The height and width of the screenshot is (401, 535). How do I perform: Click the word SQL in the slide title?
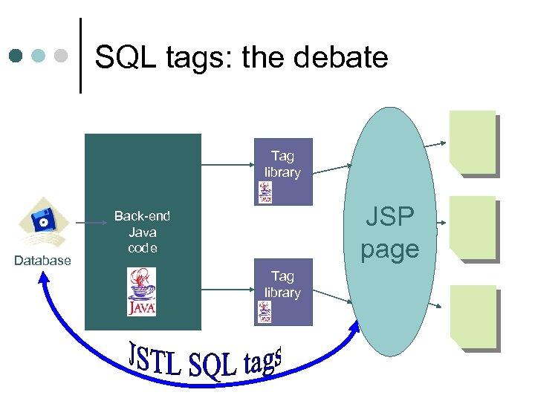[122, 57]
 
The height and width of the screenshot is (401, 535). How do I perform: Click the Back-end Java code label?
[142, 232]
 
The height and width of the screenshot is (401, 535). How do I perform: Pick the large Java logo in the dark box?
[141, 292]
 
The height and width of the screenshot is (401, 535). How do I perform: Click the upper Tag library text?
[282, 164]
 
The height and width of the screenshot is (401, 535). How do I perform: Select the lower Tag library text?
[282, 284]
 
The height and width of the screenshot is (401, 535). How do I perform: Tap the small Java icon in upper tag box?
[265, 192]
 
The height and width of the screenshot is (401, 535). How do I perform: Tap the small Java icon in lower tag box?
[265, 312]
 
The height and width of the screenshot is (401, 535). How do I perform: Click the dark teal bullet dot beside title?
[16, 56]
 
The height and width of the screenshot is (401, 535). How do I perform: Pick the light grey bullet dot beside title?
[62, 56]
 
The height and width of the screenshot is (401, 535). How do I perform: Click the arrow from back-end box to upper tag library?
[227, 164]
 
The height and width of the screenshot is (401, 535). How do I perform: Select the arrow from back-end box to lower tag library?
[227, 284]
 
